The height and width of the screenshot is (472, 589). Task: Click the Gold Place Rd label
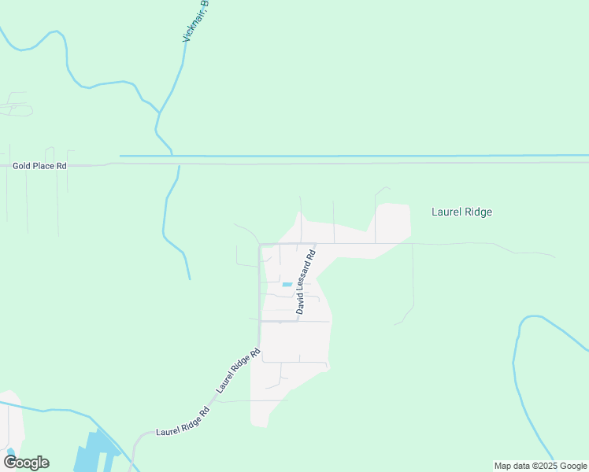[40, 166]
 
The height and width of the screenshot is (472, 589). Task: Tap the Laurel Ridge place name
[462, 212]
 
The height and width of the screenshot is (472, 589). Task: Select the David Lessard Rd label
[306, 282]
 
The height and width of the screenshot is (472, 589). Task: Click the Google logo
[26, 463]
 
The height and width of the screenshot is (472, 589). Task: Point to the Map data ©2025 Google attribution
[541, 466]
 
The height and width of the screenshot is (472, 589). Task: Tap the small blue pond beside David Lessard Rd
[287, 284]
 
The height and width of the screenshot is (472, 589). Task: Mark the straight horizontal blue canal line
[354, 156]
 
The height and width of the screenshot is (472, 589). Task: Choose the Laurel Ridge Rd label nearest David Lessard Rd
[239, 371]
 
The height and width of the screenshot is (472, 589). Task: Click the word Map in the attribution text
[502, 466]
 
